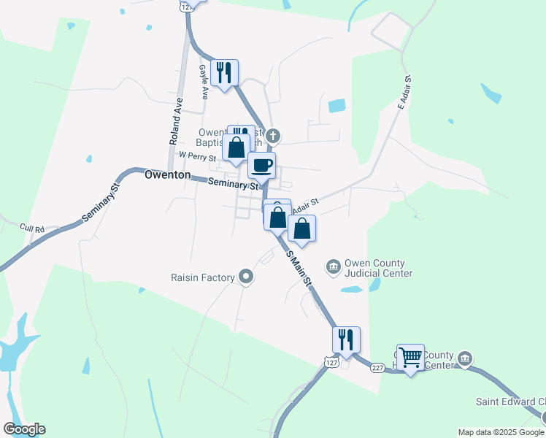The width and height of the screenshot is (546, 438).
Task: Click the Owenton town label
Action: [167, 175]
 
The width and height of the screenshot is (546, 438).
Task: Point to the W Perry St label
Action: [198, 156]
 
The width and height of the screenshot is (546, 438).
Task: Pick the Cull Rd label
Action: [32, 228]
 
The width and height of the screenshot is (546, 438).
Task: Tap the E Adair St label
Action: [404, 91]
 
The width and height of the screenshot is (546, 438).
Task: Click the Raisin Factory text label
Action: [202, 277]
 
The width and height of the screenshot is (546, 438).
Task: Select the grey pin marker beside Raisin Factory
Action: [246, 277]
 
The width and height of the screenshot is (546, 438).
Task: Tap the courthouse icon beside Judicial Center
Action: [333, 266]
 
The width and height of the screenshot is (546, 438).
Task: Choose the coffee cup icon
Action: [261, 165]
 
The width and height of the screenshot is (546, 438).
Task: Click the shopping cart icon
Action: [410, 357]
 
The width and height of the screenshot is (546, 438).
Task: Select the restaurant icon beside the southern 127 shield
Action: [345, 339]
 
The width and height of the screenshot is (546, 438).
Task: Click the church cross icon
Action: [273, 135]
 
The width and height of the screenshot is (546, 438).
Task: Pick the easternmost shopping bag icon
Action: [301, 228]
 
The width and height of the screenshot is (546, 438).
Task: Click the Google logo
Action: [24, 429]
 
